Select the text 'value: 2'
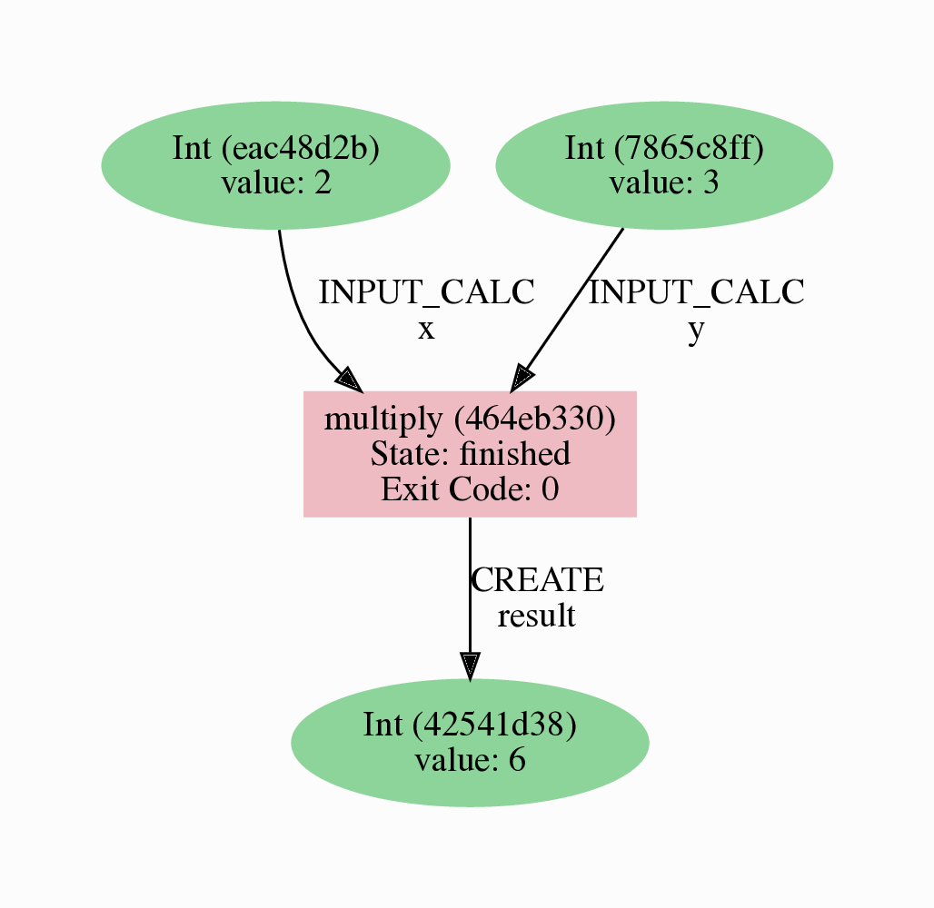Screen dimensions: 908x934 (275, 183)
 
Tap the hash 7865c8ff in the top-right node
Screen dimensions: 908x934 (689, 148)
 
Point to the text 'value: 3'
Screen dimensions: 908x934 (663, 183)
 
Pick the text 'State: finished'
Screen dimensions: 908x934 (470, 453)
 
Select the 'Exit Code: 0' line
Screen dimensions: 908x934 (470, 489)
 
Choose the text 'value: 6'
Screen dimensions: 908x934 (470, 759)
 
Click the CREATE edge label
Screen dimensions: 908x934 (537, 579)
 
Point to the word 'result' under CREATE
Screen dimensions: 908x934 (536, 616)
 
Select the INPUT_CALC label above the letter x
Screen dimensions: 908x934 (426, 292)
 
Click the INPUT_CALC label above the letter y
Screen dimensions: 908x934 (696, 292)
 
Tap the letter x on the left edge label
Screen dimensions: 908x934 (426, 330)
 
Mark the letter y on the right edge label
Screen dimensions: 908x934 (696, 330)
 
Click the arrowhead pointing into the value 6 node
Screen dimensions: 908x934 (469, 666)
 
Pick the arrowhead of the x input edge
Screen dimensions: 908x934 (350, 380)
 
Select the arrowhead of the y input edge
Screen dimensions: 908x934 (522, 378)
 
